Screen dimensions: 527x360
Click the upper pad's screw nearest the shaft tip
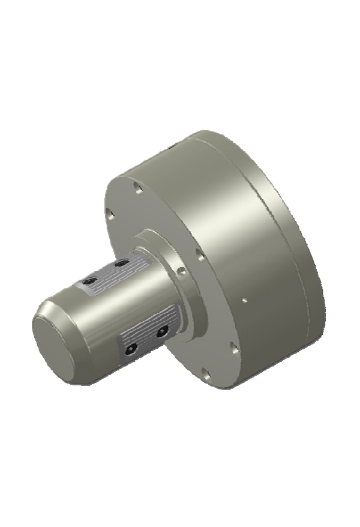pos(92,280)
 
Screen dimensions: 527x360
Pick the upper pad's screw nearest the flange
pos(122,263)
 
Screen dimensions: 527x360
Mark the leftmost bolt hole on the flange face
pos(109,213)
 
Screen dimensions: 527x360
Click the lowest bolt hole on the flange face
pos(206,375)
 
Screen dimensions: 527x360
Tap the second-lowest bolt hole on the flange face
pos(233,346)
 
